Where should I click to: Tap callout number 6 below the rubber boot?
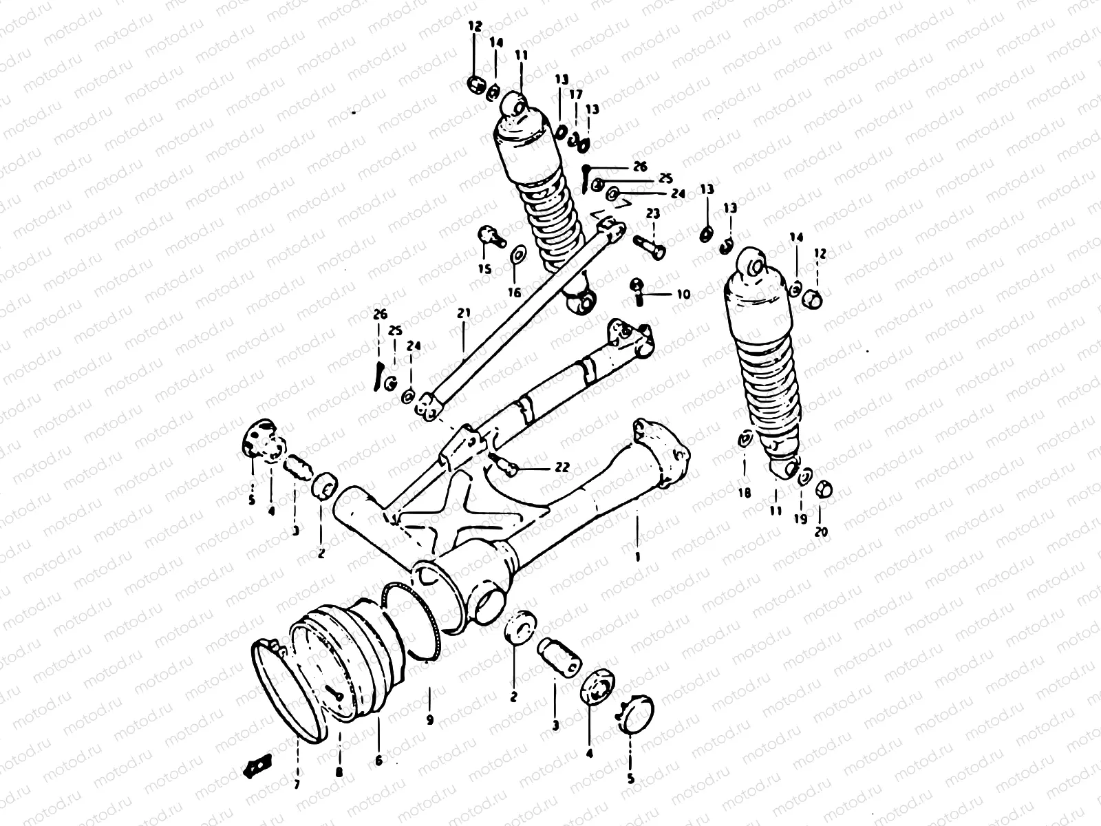click(378, 761)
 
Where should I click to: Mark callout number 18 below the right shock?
click(745, 493)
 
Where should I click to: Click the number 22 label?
click(562, 467)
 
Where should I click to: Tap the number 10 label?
click(683, 295)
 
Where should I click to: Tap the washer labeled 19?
click(805, 475)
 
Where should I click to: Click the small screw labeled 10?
click(637, 290)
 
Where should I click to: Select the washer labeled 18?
click(745, 440)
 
